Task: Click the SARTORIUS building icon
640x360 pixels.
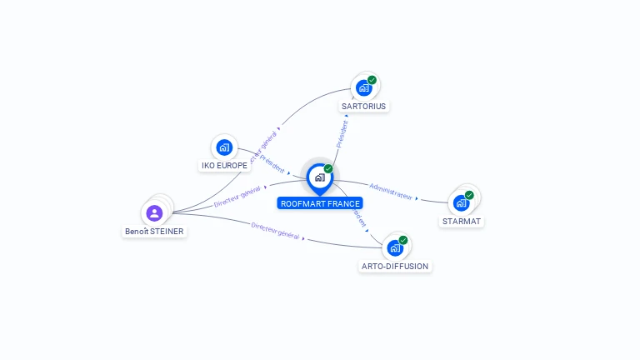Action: coord(363,87)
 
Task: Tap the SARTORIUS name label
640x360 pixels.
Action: coord(365,106)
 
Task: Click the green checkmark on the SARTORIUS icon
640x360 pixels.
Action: coord(372,80)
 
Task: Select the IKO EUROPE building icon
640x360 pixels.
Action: coord(224,147)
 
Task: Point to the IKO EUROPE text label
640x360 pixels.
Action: coord(225,165)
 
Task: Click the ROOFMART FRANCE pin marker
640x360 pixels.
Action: coord(319,177)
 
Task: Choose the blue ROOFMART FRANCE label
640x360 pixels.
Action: coord(320,203)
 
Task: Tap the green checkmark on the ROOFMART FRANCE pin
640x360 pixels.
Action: coord(328,169)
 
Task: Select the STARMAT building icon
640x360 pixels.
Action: coord(461,202)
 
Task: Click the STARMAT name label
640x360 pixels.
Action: coord(462,221)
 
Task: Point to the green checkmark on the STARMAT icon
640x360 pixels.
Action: coord(469,195)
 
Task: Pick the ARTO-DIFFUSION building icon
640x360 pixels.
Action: coord(395,247)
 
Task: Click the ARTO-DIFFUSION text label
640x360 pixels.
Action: coord(395,266)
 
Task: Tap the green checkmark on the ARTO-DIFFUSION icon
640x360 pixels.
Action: coord(403,240)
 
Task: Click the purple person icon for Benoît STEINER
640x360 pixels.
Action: coord(154,213)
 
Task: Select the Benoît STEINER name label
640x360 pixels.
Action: coord(155,231)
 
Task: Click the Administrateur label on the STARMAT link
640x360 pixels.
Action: coord(391,191)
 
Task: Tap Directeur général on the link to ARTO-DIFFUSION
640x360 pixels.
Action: coord(275,231)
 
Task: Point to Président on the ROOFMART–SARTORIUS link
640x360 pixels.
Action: coord(342,132)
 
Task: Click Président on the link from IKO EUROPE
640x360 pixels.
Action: coord(272,162)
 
